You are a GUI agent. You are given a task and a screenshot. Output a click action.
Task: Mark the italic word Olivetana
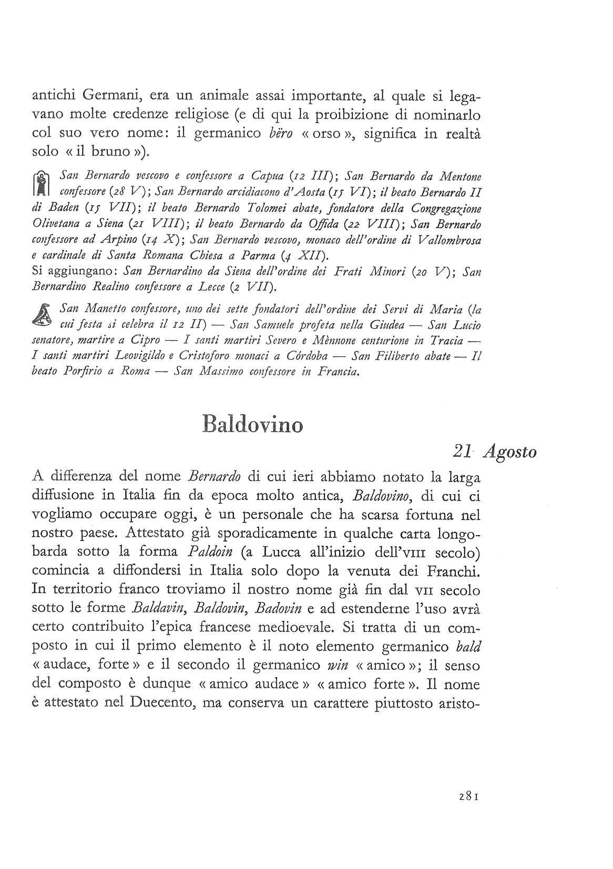point(53,224)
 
